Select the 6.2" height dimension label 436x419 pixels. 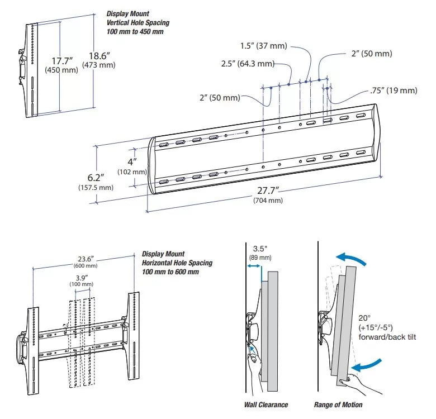[96, 178]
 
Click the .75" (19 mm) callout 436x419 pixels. [394, 91]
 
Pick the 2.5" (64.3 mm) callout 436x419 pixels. [248, 64]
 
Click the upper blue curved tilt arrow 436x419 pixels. [352, 258]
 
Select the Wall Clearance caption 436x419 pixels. [266, 404]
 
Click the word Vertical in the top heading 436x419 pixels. [119, 23]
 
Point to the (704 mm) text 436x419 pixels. [268, 201]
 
